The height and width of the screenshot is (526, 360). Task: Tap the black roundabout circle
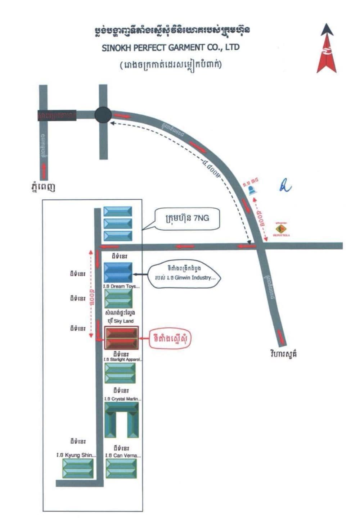103,115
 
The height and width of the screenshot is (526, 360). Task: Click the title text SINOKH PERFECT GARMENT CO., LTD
170,47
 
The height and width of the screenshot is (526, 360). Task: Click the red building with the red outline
121,338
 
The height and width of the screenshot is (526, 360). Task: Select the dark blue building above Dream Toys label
118,272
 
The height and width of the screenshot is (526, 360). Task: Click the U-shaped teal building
121,420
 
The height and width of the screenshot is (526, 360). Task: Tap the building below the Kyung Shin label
78,468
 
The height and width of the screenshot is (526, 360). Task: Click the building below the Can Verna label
121,468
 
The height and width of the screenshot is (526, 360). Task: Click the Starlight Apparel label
123,359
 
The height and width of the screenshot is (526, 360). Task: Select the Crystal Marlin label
123,399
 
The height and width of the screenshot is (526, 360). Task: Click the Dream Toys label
121,286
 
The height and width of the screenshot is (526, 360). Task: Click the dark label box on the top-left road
57,115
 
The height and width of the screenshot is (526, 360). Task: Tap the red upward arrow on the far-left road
44,171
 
